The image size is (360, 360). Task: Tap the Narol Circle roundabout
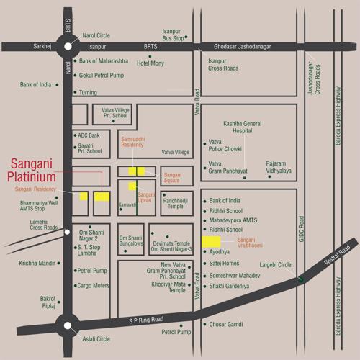tap(69, 46)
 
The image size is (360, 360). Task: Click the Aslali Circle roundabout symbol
tap(69, 326)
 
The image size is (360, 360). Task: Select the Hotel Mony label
tap(150, 63)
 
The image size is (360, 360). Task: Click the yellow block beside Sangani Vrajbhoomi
tap(211, 241)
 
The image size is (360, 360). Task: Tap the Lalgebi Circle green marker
tap(300, 278)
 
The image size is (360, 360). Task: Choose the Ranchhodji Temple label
tap(176, 203)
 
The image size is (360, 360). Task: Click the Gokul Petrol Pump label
tap(102, 76)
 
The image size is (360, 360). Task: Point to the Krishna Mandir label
tap(37, 264)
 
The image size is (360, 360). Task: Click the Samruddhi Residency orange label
tap(132, 141)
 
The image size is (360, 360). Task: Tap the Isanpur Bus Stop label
tap(173, 34)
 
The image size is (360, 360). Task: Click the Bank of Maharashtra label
tap(104, 61)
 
